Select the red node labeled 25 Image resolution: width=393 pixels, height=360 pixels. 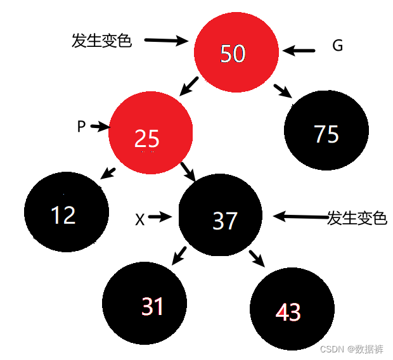tap(150, 137)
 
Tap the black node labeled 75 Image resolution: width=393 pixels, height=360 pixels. tap(326, 134)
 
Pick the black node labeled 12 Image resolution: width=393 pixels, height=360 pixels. tap(65, 214)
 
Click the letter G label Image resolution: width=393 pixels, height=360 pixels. tap(337, 46)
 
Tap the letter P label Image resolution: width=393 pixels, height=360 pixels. tap(81, 127)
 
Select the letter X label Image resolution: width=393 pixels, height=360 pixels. tap(140, 219)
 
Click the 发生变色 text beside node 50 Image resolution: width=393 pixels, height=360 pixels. tap(101, 41)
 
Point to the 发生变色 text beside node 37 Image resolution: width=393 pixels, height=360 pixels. tap(356, 219)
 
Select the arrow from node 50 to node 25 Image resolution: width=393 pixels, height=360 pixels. tap(189, 86)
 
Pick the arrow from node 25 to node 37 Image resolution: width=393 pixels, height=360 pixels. tap(187, 170)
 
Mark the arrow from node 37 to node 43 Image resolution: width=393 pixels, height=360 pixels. tap(256, 257)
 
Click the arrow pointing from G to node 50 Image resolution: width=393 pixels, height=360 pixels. tap(299, 50)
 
